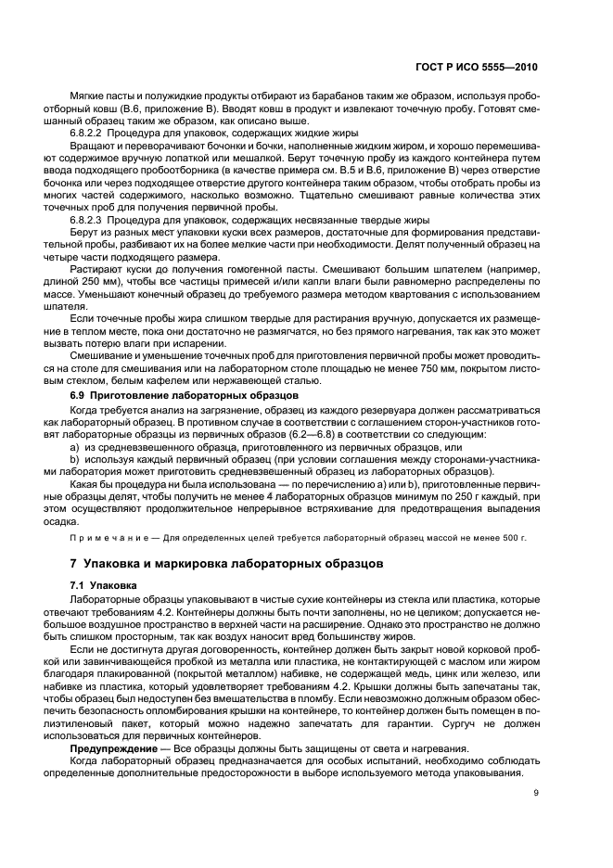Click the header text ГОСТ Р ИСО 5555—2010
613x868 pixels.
point(476,68)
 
